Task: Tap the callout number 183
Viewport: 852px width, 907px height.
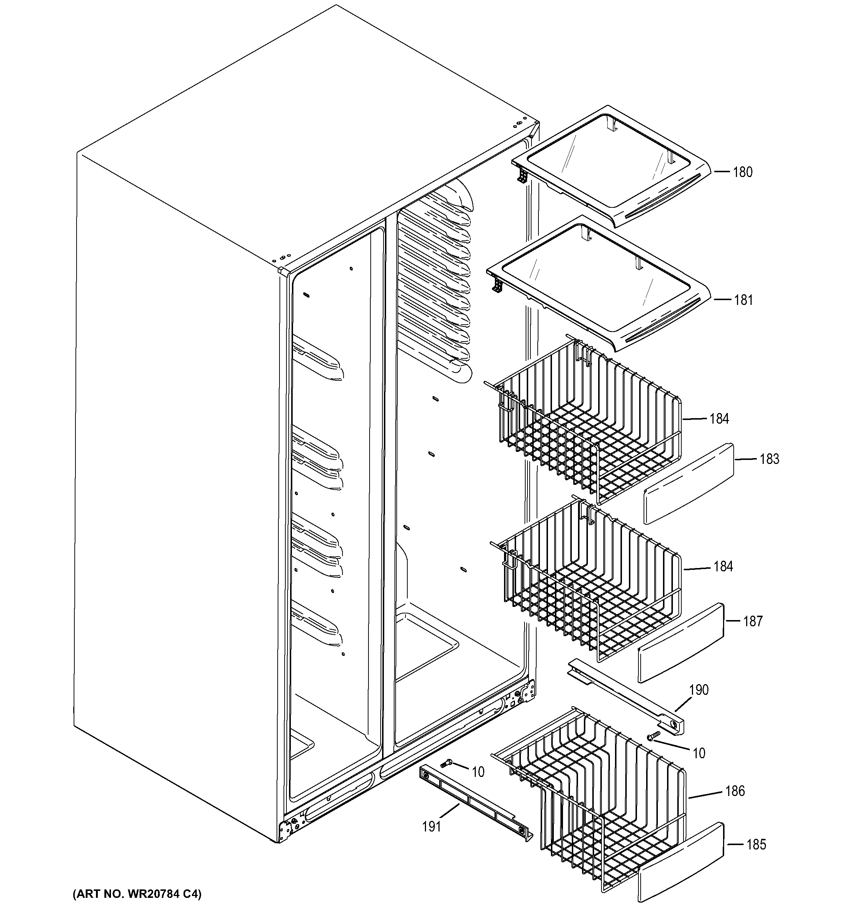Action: (770, 458)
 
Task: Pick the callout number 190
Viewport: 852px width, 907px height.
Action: (699, 689)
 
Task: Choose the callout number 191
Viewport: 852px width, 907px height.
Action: (431, 826)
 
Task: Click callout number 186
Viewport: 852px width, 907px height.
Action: (735, 791)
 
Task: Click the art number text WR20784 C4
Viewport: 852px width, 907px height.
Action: (137, 893)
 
